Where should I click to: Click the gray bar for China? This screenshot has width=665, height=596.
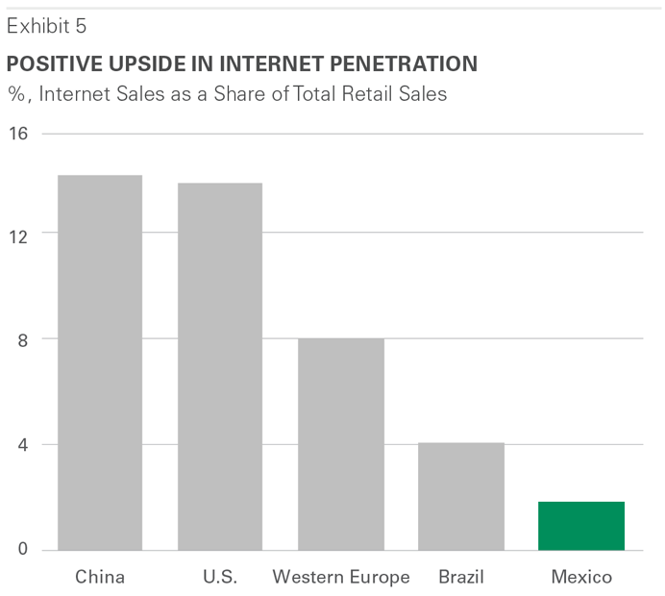tap(100, 362)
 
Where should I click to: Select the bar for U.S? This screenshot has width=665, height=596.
tap(220, 366)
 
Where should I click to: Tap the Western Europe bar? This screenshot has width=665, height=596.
tap(340, 444)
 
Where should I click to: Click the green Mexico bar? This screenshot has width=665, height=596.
tap(580, 526)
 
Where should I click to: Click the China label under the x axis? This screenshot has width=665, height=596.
tap(100, 578)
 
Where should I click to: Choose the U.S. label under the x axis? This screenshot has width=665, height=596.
tap(220, 578)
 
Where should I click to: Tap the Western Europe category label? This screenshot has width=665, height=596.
tap(341, 578)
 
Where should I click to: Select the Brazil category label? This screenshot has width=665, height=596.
tap(461, 578)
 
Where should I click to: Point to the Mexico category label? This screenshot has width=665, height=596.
tap(581, 578)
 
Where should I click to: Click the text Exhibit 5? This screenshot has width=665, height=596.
tap(46, 27)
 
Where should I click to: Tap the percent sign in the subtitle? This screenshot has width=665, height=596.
tap(14, 94)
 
